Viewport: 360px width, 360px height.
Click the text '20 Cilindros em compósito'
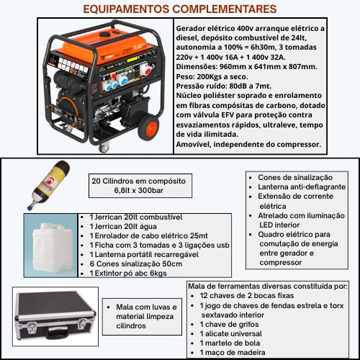point(138,201)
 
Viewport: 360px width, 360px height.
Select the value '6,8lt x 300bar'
point(138,212)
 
